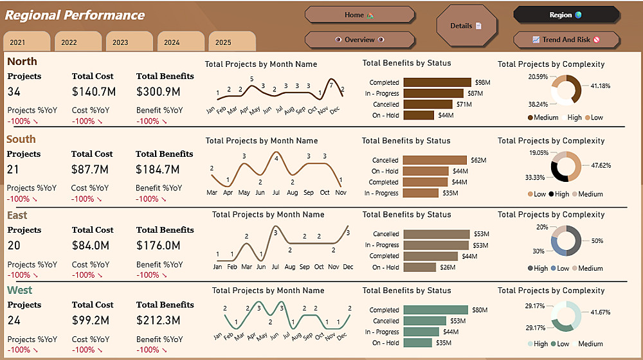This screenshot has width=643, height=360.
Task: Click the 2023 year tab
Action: click(120, 42)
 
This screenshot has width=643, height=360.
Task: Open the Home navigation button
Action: click(359, 15)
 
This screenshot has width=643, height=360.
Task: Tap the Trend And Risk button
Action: click(566, 40)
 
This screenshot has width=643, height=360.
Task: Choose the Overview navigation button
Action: click(359, 40)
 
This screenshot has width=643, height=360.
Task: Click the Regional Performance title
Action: click(75, 15)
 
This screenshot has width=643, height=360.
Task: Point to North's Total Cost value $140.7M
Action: click(93, 92)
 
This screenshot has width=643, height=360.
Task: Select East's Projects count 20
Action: click(14, 246)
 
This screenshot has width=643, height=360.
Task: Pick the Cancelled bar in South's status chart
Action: click(435, 160)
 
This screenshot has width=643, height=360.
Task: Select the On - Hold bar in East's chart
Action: click(420, 267)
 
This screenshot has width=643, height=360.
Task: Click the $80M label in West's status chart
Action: click(480, 310)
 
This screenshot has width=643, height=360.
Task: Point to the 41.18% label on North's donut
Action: click(601, 85)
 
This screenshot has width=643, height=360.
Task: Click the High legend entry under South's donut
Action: click(562, 194)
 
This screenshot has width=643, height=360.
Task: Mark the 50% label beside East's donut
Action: click(597, 240)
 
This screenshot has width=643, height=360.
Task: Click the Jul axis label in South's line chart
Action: click(276, 192)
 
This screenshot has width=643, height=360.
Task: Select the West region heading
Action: click(19, 290)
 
